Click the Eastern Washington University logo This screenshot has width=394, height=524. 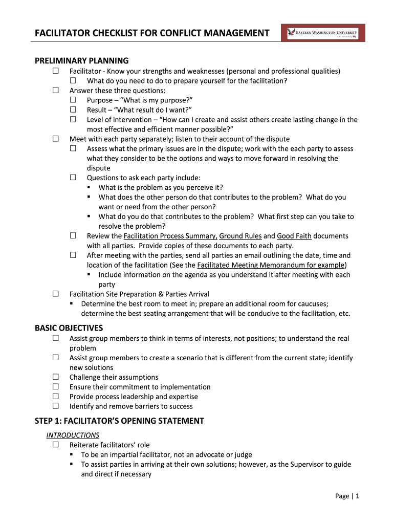323,33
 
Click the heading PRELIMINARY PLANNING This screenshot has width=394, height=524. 81,61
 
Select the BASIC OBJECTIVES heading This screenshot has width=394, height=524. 69,328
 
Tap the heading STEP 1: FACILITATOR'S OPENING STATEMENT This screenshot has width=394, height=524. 119,421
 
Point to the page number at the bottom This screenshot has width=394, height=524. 348,496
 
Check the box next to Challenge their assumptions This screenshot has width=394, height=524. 55,377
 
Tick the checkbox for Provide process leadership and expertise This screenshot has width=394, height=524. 55,397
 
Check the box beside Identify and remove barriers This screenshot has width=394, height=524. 55,406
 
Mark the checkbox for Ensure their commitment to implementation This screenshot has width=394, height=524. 55,387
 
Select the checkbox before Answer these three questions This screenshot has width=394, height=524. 55,91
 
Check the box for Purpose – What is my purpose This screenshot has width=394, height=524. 73,100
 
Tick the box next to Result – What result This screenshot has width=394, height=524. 73,110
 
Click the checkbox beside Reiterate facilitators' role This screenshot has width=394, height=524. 55,445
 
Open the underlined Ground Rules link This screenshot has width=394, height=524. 240,236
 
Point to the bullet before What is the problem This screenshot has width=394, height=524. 88,187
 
